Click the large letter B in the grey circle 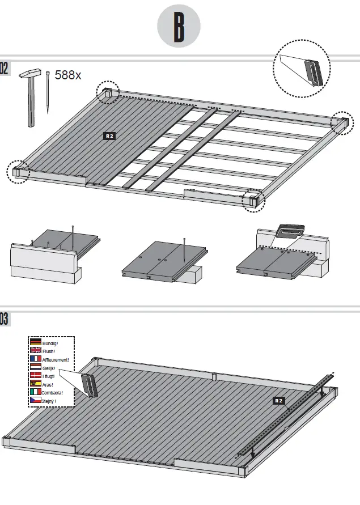pyautogui.click(x=179, y=27)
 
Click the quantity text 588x pyautogui.click(x=68, y=75)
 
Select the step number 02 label pyautogui.click(x=4, y=69)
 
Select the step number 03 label pyautogui.click(x=4, y=320)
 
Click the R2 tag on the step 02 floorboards pyautogui.click(x=109, y=136)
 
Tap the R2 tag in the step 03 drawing pyautogui.click(x=278, y=401)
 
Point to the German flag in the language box pyautogui.click(x=36, y=343)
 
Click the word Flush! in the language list pyautogui.click(x=49, y=351)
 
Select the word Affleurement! pyautogui.click(x=56, y=360)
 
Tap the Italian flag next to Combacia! pyautogui.click(x=36, y=392)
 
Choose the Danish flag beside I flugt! pyautogui.click(x=36, y=376)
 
